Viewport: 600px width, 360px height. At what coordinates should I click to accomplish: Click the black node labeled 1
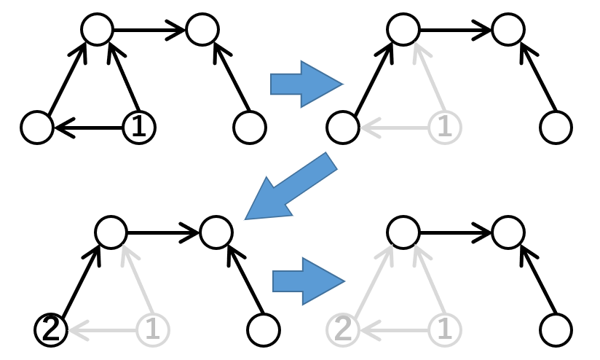(x=138, y=128)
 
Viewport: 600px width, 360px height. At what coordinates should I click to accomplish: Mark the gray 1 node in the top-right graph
(x=445, y=128)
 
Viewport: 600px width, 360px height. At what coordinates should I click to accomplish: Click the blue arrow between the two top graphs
(x=305, y=84)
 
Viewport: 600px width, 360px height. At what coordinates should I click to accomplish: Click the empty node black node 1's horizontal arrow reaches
(x=37, y=128)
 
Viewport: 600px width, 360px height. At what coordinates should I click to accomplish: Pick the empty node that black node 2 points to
(x=111, y=232)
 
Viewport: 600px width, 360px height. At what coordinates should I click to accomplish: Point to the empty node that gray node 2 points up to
(x=403, y=232)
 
